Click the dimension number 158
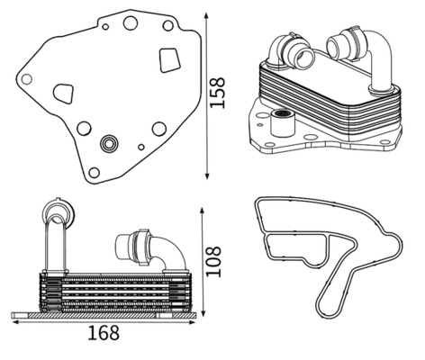[217, 93]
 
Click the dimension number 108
[213, 261]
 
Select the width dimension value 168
[104, 333]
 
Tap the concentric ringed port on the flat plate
[109, 144]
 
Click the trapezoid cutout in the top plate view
[169, 60]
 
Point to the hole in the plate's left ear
[26, 79]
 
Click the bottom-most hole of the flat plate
[94, 173]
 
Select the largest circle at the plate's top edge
[131, 22]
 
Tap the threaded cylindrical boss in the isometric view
[282, 123]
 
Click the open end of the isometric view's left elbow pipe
[304, 58]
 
